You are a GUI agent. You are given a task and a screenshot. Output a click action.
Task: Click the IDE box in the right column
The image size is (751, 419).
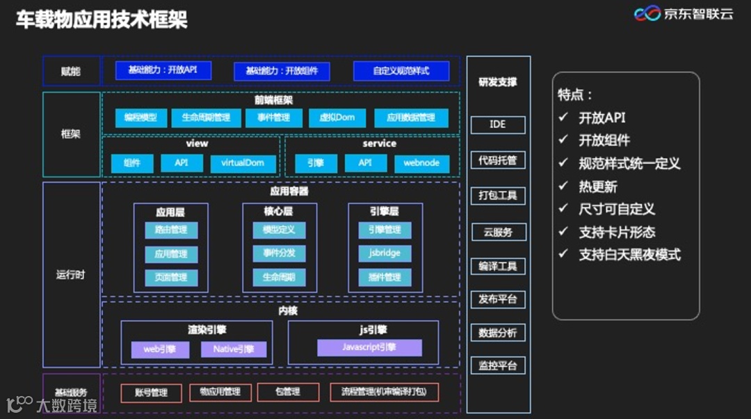pos(498,125)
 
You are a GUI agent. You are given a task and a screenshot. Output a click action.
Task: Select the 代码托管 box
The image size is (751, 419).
pos(498,160)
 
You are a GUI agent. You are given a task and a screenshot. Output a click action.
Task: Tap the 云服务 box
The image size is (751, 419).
pos(498,232)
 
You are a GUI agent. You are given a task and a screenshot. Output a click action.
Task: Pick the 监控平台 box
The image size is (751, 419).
pos(498,365)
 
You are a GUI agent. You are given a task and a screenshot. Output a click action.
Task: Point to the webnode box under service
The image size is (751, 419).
pos(421,163)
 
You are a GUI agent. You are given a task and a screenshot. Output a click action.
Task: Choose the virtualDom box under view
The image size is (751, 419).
pos(243,163)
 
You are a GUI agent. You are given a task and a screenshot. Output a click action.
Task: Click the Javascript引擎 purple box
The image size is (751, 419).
pos(369,347)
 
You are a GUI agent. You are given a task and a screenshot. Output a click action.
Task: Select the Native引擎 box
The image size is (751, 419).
pos(234,349)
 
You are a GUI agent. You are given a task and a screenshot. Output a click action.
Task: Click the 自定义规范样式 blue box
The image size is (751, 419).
pos(401,71)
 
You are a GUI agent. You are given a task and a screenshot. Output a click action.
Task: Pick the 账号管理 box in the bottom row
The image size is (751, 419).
pos(151,393)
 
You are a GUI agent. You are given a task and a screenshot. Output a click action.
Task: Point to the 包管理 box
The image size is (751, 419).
pos(288,392)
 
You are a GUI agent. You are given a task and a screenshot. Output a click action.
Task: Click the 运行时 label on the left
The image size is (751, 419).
pos(71,274)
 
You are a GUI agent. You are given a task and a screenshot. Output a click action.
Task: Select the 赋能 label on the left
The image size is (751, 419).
pos(71,71)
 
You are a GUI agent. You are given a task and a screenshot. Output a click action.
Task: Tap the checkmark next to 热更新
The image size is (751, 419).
pos(563,187)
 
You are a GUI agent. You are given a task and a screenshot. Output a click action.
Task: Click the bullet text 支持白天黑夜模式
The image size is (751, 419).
pos(629,255)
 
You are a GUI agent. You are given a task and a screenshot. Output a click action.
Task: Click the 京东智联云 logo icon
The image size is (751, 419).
pos(647,14)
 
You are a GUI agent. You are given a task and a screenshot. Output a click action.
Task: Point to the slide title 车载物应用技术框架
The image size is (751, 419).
pos(102,19)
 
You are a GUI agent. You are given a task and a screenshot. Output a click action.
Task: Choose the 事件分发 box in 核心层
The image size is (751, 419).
pos(279,253)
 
